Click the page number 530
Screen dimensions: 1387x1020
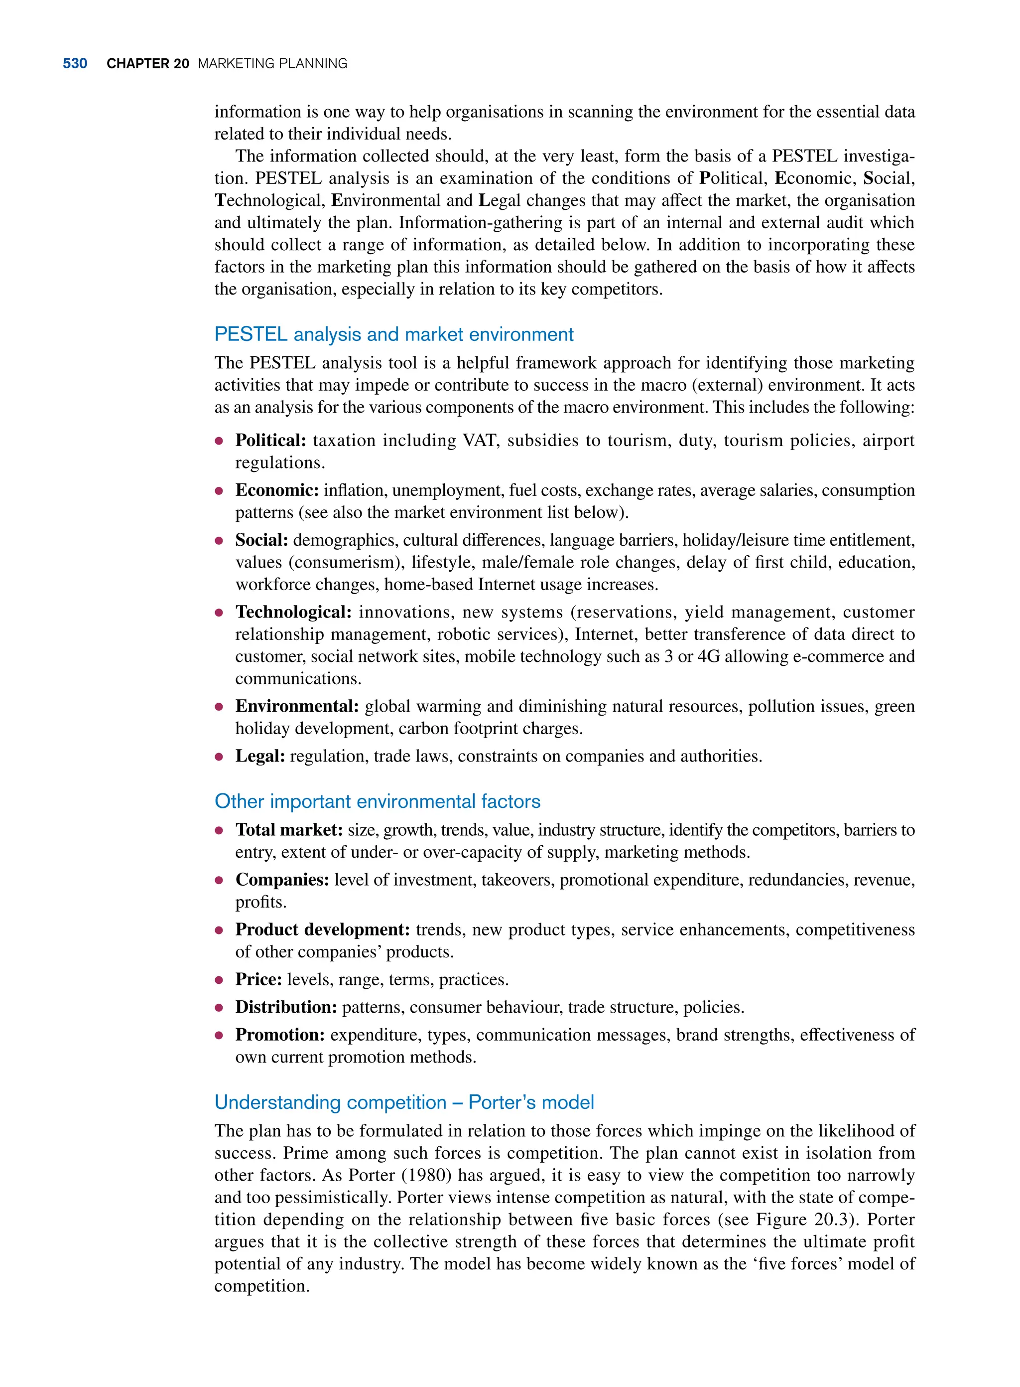coord(75,64)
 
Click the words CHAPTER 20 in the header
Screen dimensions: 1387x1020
coord(147,64)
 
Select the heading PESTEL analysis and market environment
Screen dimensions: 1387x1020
coord(393,334)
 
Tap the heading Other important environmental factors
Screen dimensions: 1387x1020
coord(377,801)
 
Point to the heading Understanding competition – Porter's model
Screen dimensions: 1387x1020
coord(404,1102)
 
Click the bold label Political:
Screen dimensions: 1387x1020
coord(270,441)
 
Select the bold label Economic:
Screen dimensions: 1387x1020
coord(276,490)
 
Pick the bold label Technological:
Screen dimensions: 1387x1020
coord(293,612)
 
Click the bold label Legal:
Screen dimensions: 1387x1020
coord(260,756)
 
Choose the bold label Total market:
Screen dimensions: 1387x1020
coord(288,830)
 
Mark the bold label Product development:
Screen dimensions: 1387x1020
coord(322,930)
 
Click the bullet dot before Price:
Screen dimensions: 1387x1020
coord(219,980)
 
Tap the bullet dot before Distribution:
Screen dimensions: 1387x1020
coord(219,1008)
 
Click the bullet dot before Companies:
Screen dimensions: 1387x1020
coord(219,880)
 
